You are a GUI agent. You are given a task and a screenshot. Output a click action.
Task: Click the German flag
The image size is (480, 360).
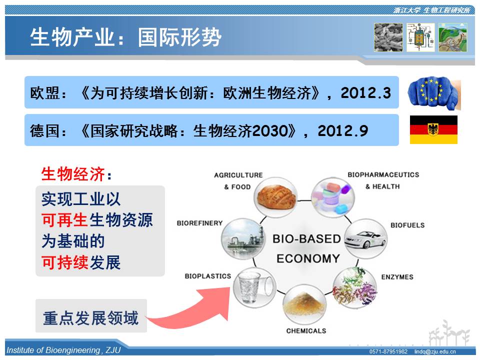(x=433, y=129)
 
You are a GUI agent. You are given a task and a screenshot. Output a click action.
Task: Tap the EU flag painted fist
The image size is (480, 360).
(x=434, y=93)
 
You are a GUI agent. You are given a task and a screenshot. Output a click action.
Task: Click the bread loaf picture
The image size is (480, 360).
(x=276, y=197)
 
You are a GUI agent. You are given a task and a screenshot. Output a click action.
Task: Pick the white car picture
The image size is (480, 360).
(x=365, y=238)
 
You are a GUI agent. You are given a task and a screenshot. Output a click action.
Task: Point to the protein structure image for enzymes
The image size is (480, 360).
(x=355, y=287)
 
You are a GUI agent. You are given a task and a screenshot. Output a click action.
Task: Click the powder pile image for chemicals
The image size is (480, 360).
(x=304, y=304)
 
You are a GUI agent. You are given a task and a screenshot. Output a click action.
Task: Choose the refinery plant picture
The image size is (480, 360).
(x=243, y=238)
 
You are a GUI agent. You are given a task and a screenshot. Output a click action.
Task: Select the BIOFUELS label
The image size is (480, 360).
(x=407, y=225)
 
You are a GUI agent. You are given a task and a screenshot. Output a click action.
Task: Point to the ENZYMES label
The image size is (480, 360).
(x=397, y=277)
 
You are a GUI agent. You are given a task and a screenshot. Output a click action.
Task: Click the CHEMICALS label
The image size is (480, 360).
(x=306, y=331)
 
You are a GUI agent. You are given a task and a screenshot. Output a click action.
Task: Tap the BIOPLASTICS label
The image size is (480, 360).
(x=208, y=276)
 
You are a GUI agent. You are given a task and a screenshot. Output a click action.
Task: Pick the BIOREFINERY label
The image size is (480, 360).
(x=199, y=223)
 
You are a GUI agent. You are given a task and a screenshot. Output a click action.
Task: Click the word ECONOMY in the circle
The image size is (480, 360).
(x=308, y=258)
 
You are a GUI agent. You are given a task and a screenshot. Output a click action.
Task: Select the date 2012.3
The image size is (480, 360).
(x=366, y=93)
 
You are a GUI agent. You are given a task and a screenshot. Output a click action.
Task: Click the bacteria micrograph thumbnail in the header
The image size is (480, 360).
(x=388, y=37)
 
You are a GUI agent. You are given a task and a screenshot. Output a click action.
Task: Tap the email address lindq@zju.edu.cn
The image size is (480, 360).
(x=435, y=351)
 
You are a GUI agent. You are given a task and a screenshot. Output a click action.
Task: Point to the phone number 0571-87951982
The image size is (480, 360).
(x=388, y=351)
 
